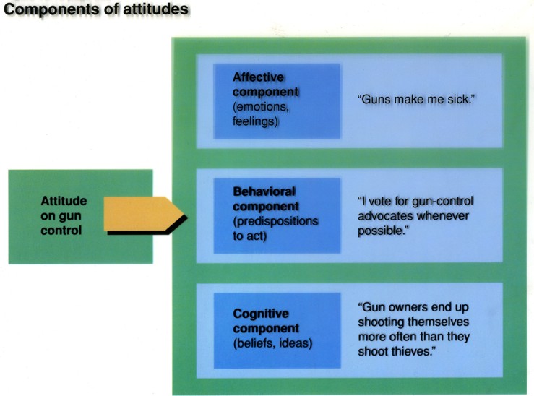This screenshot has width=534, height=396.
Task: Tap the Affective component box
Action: coord(277,100)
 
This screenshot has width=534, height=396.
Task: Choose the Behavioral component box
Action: coord(277,215)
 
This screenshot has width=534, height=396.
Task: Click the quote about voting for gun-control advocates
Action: coord(418,214)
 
